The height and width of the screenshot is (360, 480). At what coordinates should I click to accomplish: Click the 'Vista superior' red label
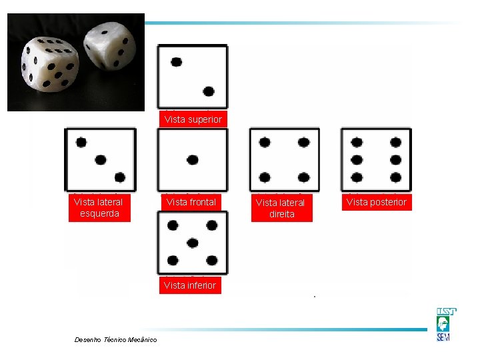pos(193,119)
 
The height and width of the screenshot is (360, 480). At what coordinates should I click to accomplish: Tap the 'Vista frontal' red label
pos(191,202)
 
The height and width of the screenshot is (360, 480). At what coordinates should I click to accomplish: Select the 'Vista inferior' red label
pos(190,285)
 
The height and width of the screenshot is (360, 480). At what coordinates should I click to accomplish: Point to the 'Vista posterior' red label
pos(377,202)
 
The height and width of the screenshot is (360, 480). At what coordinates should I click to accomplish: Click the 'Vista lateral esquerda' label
pos(99,207)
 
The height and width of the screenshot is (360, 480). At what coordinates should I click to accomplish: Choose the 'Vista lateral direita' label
pos(281,208)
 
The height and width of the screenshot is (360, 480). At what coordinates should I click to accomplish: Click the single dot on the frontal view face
pos(193,160)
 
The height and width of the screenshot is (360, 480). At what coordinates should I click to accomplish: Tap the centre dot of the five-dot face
pos(192,243)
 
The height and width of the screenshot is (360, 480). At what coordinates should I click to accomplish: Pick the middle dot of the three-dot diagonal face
pos(101,160)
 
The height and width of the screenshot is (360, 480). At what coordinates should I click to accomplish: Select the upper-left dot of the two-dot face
pos(176,62)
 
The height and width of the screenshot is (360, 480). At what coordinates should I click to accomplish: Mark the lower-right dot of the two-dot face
pos(209,91)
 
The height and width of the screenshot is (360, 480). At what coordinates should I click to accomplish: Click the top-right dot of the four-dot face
pos(304,143)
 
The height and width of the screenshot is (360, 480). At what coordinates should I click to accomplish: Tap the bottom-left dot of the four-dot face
pos(265,177)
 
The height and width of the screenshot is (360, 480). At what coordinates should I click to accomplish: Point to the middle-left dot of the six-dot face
pos(357,160)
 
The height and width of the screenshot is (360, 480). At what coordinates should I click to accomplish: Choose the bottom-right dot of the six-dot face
pos(396,177)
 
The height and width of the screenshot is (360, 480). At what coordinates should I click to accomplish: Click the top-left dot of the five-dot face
pos(173,225)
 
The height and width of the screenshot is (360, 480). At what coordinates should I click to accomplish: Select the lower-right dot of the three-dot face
pos(120,177)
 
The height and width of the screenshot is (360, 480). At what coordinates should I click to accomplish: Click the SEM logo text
pos(443,337)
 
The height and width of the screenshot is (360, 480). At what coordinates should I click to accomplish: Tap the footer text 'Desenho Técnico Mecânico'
pos(116,339)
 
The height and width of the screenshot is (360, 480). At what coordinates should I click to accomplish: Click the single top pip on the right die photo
pos(105,32)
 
